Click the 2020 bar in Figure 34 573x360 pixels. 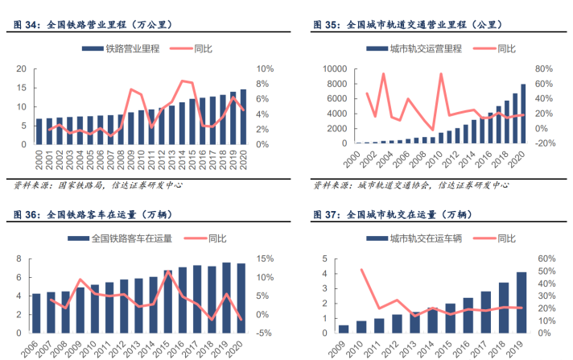pos(244,117)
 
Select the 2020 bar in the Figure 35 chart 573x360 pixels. pos(524,114)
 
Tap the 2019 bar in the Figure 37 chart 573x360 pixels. pos(521,303)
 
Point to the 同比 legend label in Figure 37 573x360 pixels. pos(505,238)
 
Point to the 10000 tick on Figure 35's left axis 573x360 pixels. pos(334,69)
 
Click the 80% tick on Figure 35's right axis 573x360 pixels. pos(544,69)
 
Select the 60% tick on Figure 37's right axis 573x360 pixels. pos(546,259)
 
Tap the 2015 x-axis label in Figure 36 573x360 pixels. pos(167,347)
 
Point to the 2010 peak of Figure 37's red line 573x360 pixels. pos(361,270)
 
